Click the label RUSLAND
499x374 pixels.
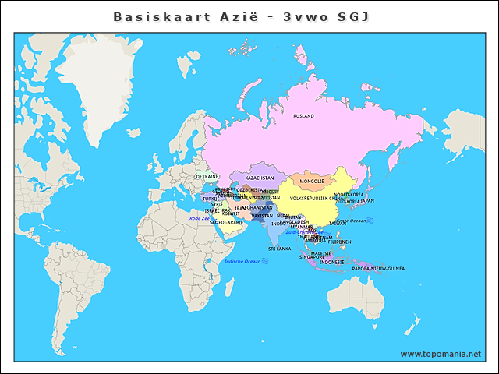pos(303,116)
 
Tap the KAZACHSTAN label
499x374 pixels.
pos(260,178)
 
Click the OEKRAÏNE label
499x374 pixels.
pos(207,177)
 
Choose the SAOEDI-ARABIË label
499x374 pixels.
pos(227,222)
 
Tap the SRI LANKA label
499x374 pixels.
pos(279,249)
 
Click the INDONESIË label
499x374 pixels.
pos(332,262)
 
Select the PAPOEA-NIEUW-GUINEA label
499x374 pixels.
pos(378,268)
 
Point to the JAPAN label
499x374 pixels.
pos(367,201)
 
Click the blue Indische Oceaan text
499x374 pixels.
pos(242,261)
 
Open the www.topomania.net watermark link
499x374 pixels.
pos(441,354)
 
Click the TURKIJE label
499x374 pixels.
pos(211,199)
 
